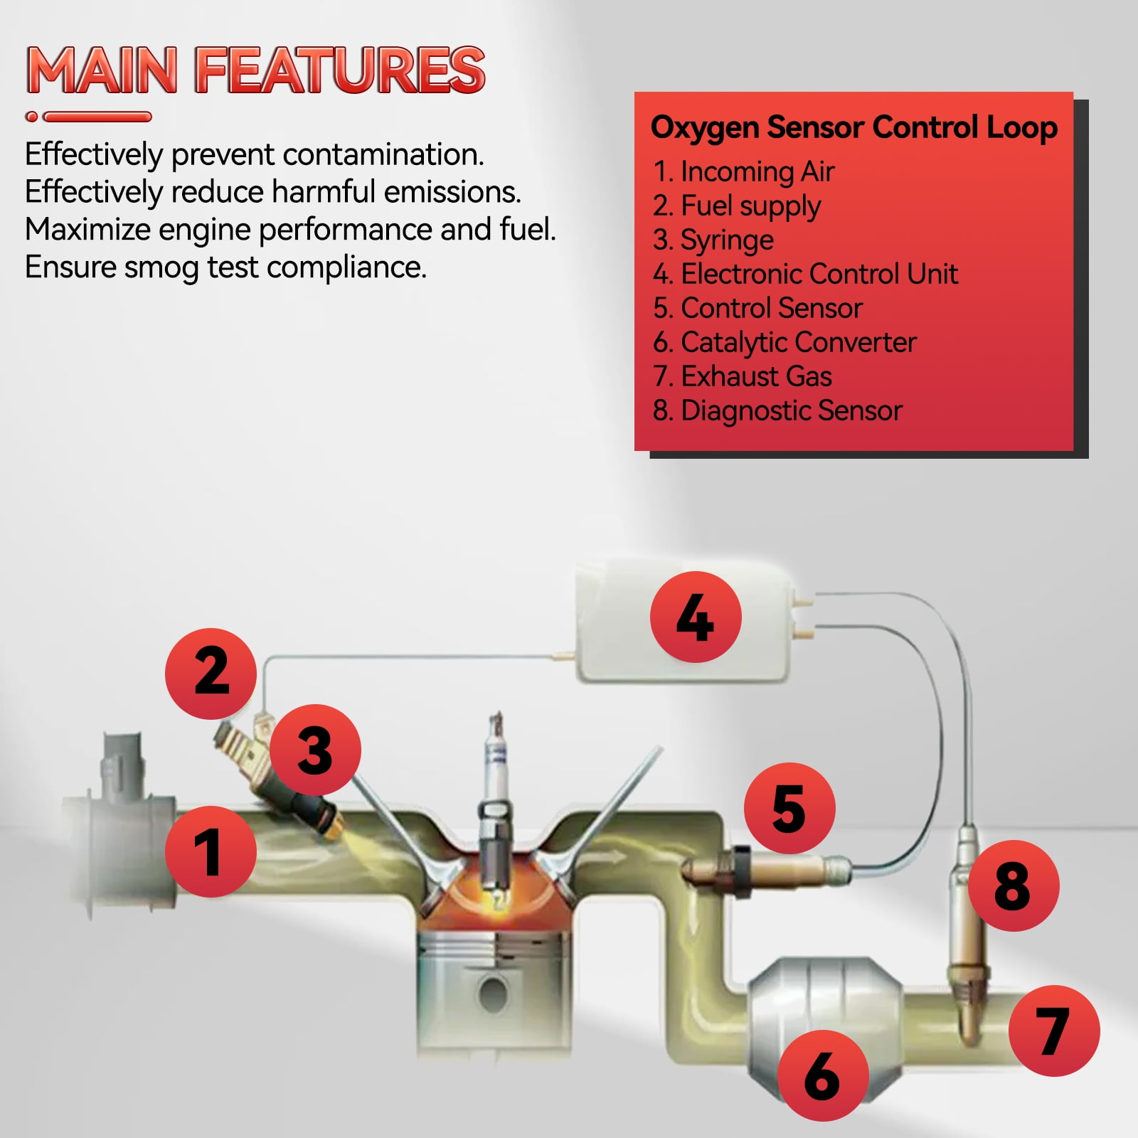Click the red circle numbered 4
coord(696,617)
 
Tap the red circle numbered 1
coord(211,851)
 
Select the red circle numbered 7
coord(1054,1031)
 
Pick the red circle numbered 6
coord(823,1075)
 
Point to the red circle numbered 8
coord(1014,886)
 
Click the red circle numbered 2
coord(211,673)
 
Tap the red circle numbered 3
coord(315,750)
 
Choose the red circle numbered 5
coord(789,809)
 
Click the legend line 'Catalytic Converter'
coord(785,343)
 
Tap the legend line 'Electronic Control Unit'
coord(805,274)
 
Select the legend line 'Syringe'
coord(713,240)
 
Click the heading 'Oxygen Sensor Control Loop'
coord(854,128)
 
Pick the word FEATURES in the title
coord(340,70)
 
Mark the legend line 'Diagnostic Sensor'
coord(777,411)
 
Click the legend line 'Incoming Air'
coord(744,172)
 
